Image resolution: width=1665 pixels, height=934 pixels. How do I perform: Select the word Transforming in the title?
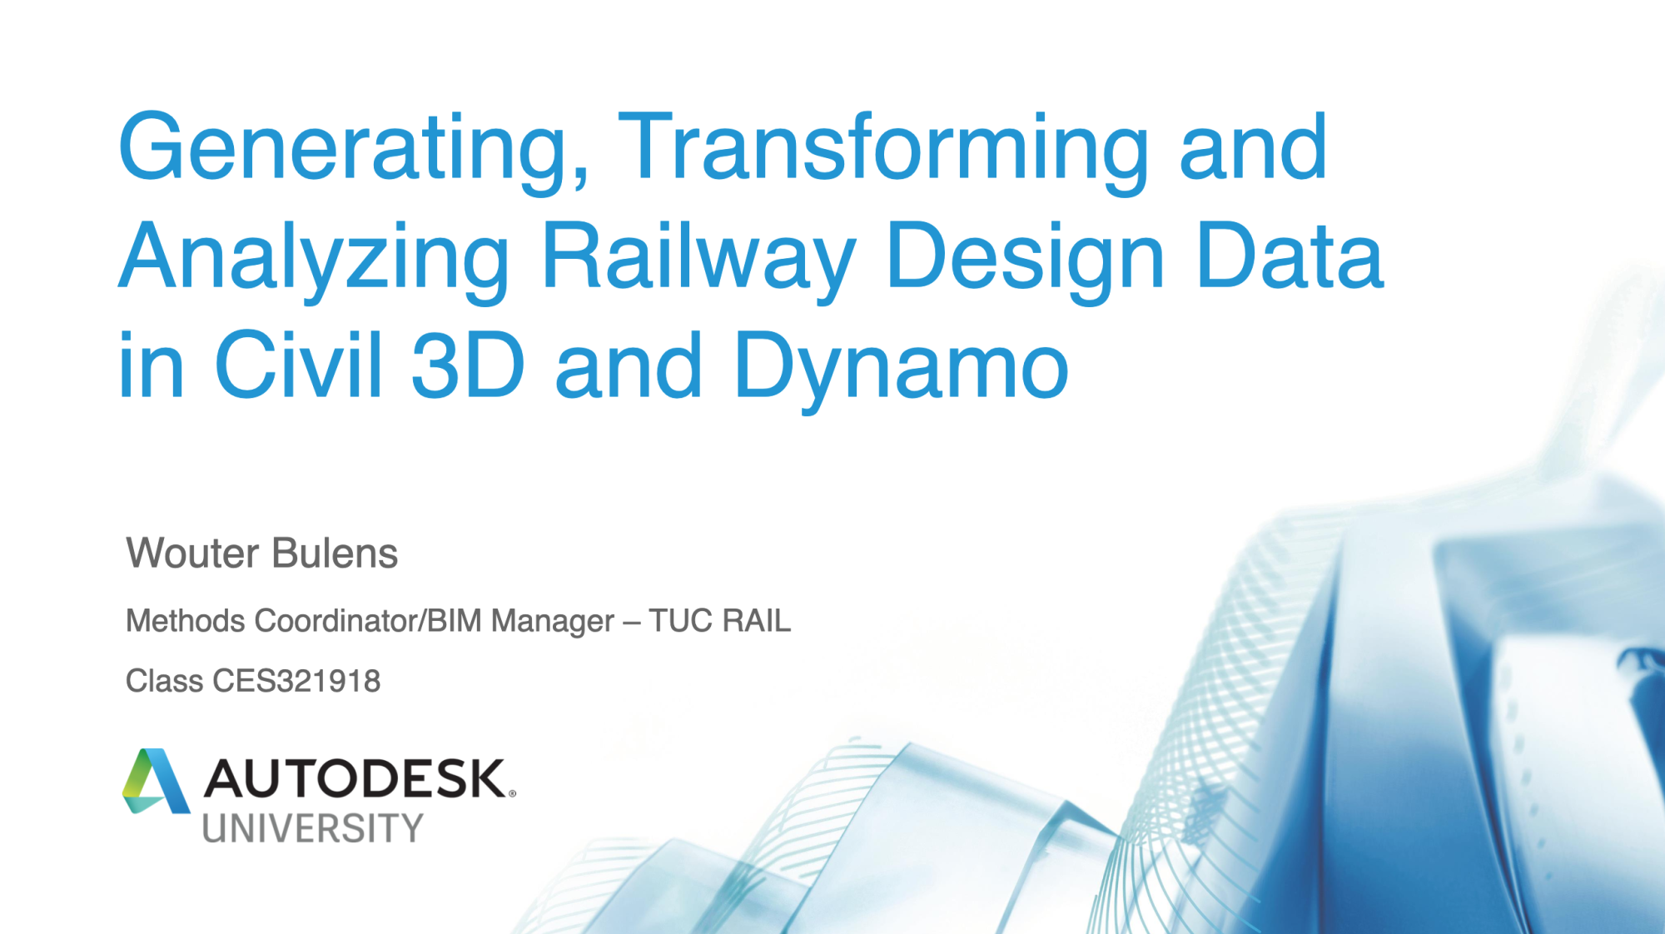pos(883,149)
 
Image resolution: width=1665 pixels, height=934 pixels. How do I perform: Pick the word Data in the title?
pos(1290,256)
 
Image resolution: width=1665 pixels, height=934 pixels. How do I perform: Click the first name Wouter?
pos(192,554)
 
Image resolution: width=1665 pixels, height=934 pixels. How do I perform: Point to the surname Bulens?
pos(335,554)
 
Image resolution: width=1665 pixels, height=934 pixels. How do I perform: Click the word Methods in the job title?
pos(186,621)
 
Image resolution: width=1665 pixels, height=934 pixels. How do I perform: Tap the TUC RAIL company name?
pos(719,621)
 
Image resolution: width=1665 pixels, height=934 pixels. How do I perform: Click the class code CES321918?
pos(296,681)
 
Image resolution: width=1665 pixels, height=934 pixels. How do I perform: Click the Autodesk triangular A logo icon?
pos(156,781)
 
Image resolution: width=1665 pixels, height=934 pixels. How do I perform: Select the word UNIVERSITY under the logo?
pos(313,828)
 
